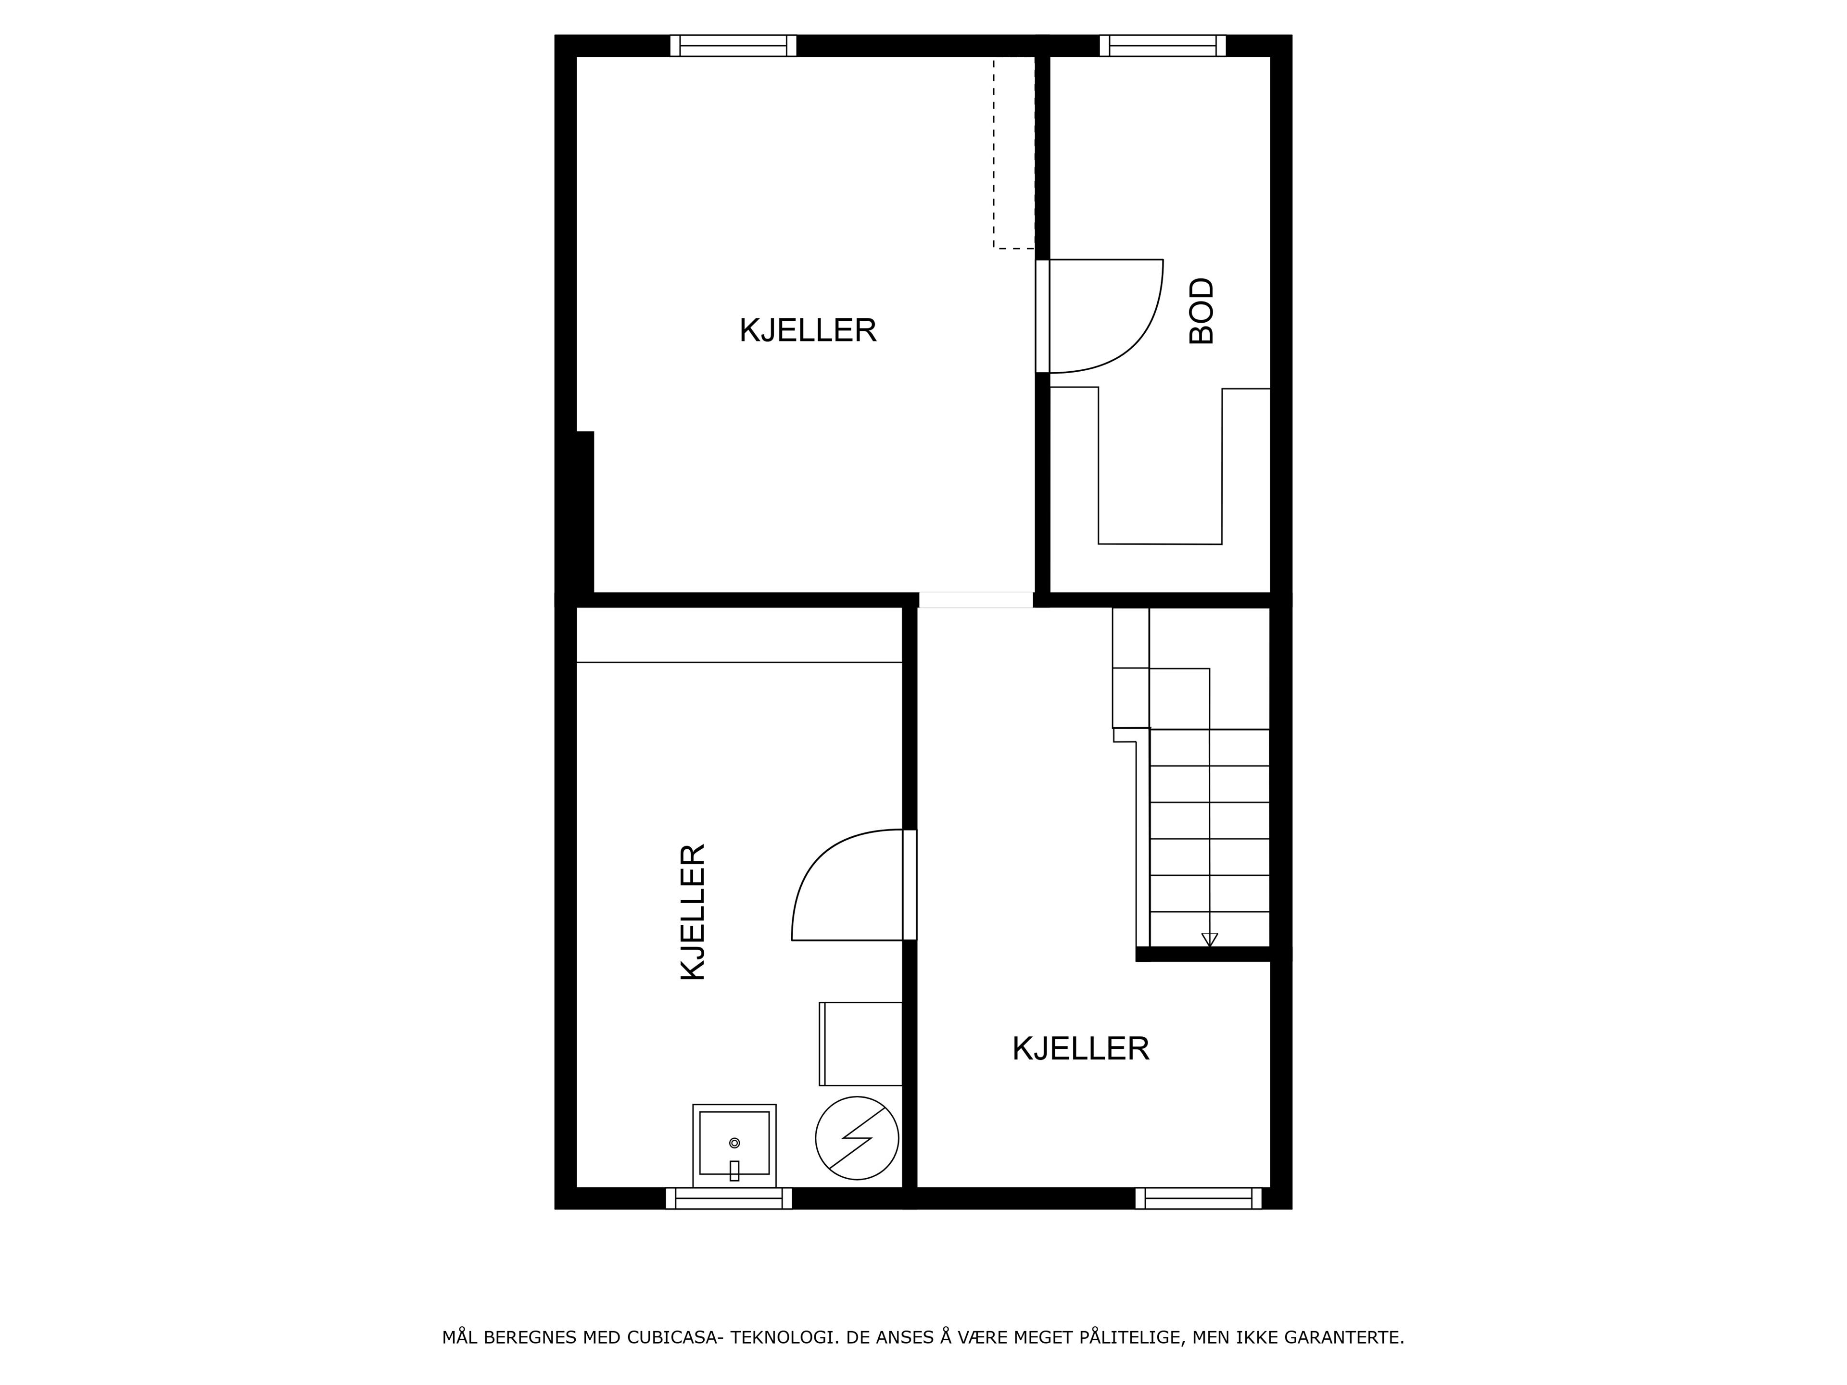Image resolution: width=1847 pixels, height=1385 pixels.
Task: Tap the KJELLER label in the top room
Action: click(808, 330)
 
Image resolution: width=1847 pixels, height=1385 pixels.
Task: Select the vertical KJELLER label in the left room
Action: click(693, 912)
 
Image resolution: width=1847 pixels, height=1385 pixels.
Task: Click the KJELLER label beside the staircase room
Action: click(1080, 1048)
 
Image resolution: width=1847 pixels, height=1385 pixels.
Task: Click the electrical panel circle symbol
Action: click(857, 1138)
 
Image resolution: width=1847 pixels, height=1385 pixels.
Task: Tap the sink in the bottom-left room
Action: click(734, 1145)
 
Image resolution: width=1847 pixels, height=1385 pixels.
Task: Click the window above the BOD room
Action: click(1162, 45)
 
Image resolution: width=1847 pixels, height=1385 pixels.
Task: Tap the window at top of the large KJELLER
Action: click(733, 45)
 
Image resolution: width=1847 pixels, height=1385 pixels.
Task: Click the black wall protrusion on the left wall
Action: click(584, 511)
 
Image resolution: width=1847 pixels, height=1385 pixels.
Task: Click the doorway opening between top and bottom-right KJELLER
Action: click(976, 599)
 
